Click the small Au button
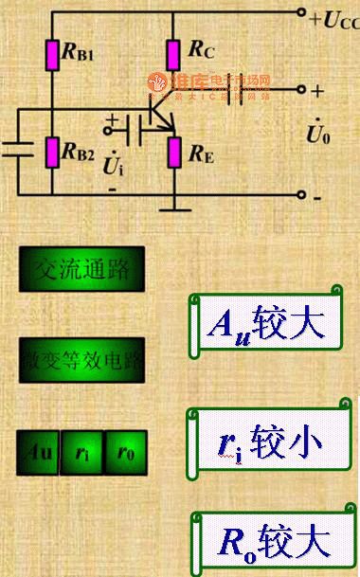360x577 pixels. point(39,453)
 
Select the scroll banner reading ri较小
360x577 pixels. point(272,441)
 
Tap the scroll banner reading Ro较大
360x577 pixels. point(272,542)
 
